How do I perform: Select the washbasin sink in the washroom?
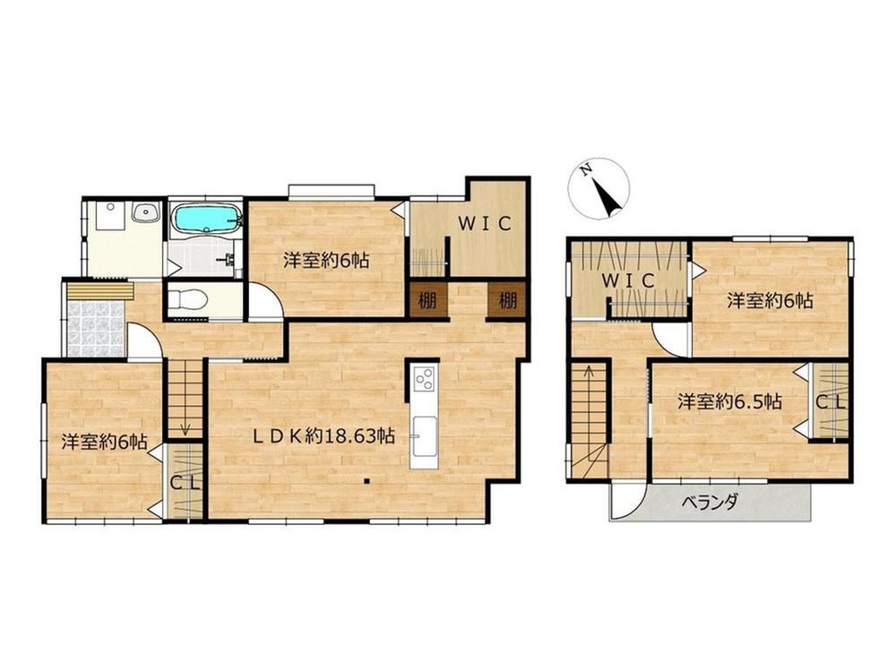pos(146,213)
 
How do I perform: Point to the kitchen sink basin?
pos(424,436)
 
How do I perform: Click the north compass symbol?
pos(599,188)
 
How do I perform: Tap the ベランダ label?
pos(711,503)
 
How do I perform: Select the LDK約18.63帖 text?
pos(323,437)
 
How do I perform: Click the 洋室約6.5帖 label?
pos(729,401)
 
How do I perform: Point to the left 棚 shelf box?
pos(427,299)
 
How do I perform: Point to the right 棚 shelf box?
pos(507,299)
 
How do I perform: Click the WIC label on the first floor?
pos(484,224)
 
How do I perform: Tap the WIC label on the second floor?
pos(628,280)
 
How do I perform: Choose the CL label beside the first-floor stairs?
pos(185,484)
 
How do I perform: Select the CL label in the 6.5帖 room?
pos(830,402)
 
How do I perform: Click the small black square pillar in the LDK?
pos(366,480)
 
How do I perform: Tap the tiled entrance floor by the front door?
pos(96,328)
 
